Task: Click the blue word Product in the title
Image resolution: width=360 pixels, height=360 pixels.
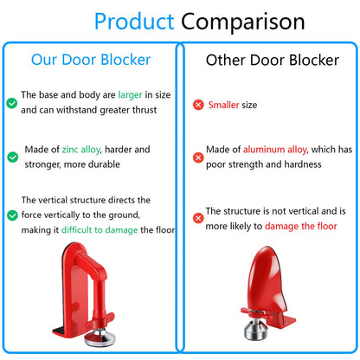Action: pos(134,21)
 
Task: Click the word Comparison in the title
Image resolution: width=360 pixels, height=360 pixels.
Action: pos(243,21)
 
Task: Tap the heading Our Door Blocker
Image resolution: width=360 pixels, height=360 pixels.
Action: pos(91,60)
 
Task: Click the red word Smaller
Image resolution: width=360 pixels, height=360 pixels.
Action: pos(223,105)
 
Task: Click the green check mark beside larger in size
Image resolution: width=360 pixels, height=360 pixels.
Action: pos(11,102)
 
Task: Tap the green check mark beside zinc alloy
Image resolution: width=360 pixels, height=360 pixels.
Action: pos(11,157)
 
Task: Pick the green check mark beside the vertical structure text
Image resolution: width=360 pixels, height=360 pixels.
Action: pos(11,215)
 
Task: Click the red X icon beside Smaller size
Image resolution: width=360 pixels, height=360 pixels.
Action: pos(198,105)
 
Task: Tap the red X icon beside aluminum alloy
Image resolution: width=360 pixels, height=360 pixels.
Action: pos(198,157)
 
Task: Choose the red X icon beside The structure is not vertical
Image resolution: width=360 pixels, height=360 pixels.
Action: pos(198,215)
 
